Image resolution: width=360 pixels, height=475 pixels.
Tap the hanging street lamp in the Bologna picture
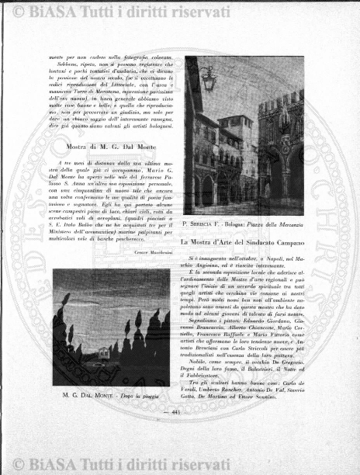point(208,77)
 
